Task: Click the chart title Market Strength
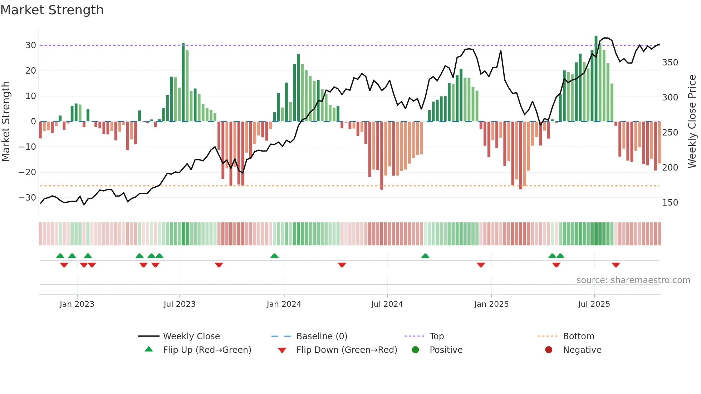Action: [52, 10]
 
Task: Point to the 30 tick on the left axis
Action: [31, 45]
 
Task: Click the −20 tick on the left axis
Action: [28, 172]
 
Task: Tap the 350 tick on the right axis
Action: [670, 63]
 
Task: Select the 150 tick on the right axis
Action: [670, 203]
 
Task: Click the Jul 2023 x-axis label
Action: [180, 304]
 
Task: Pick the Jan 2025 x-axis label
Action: [491, 304]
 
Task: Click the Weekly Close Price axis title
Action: [692, 121]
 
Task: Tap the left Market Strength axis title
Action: [6, 121]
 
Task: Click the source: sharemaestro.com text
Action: [633, 280]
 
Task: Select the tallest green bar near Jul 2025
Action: [596, 79]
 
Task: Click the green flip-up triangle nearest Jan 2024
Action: [274, 256]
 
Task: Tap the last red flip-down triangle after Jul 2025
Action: [616, 265]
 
